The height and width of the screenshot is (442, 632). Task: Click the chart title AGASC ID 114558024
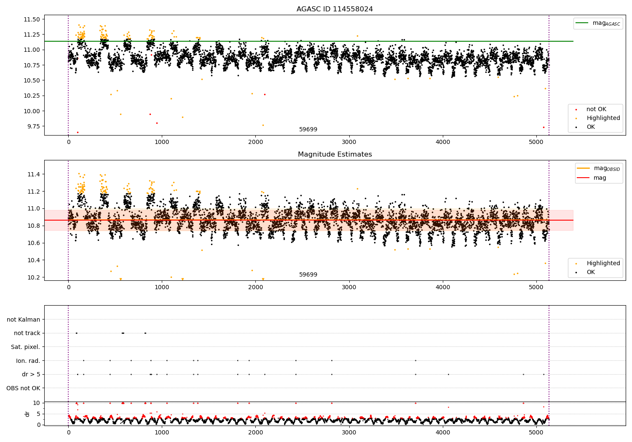pyautogui.click(x=335, y=9)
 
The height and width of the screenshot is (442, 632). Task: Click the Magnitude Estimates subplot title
pyautogui.click(x=335, y=154)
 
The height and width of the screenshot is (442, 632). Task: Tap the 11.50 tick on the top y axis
pyautogui.click(x=32, y=19)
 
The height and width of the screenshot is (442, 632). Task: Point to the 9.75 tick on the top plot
pyautogui.click(x=34, y=126)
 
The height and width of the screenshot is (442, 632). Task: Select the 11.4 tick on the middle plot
pyautogui.click(x=34, y=174)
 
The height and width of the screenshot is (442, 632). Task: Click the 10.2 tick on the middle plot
pyautogui.click(x=34, y=277)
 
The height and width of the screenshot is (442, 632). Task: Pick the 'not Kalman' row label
pyautogui.click(x=24, y=320)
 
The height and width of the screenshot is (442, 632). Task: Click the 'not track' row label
pyautogui.click(x=27, y=333)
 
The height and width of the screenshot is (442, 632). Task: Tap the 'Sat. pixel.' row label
pyautogui.click(x=25, y=347)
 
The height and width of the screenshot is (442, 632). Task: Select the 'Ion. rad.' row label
pyautogui.click(x=28, y=360)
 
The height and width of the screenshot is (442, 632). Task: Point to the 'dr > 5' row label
pyautogui.click(x=31, y=374)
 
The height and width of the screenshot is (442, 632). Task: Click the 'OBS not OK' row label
pyautogui.click(x=23, y=388)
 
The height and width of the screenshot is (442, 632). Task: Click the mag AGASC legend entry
pyautogui.click(x=598, y=23)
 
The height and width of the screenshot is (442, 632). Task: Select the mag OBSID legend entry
pyautogui.click(x=598, y=168)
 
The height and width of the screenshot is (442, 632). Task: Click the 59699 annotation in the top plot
pyautogui.click(x=308, y=129)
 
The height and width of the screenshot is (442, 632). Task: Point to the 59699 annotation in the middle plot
pyautogui.click(x=308, y=274)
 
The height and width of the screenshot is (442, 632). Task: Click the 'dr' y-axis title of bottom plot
pyautogui.click(x=27, y=414)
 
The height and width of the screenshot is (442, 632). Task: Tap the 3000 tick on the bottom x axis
pyautogui.click(x=349, y=432)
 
